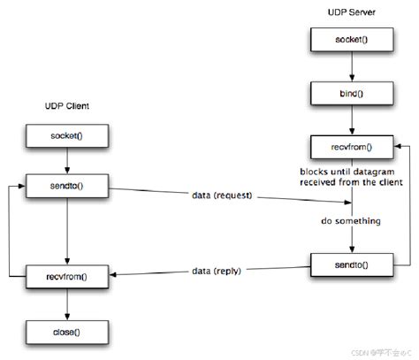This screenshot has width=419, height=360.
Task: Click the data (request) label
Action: [220, 194]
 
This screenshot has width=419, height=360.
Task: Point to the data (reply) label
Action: [220, 269]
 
